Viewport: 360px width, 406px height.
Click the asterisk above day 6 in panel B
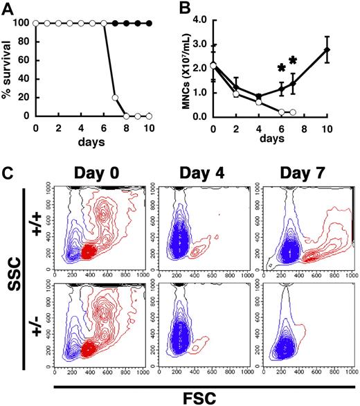coord(281,68)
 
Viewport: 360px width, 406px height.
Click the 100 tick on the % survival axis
coord(21,24)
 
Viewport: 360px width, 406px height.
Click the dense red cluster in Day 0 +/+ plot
coord(87,251)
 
